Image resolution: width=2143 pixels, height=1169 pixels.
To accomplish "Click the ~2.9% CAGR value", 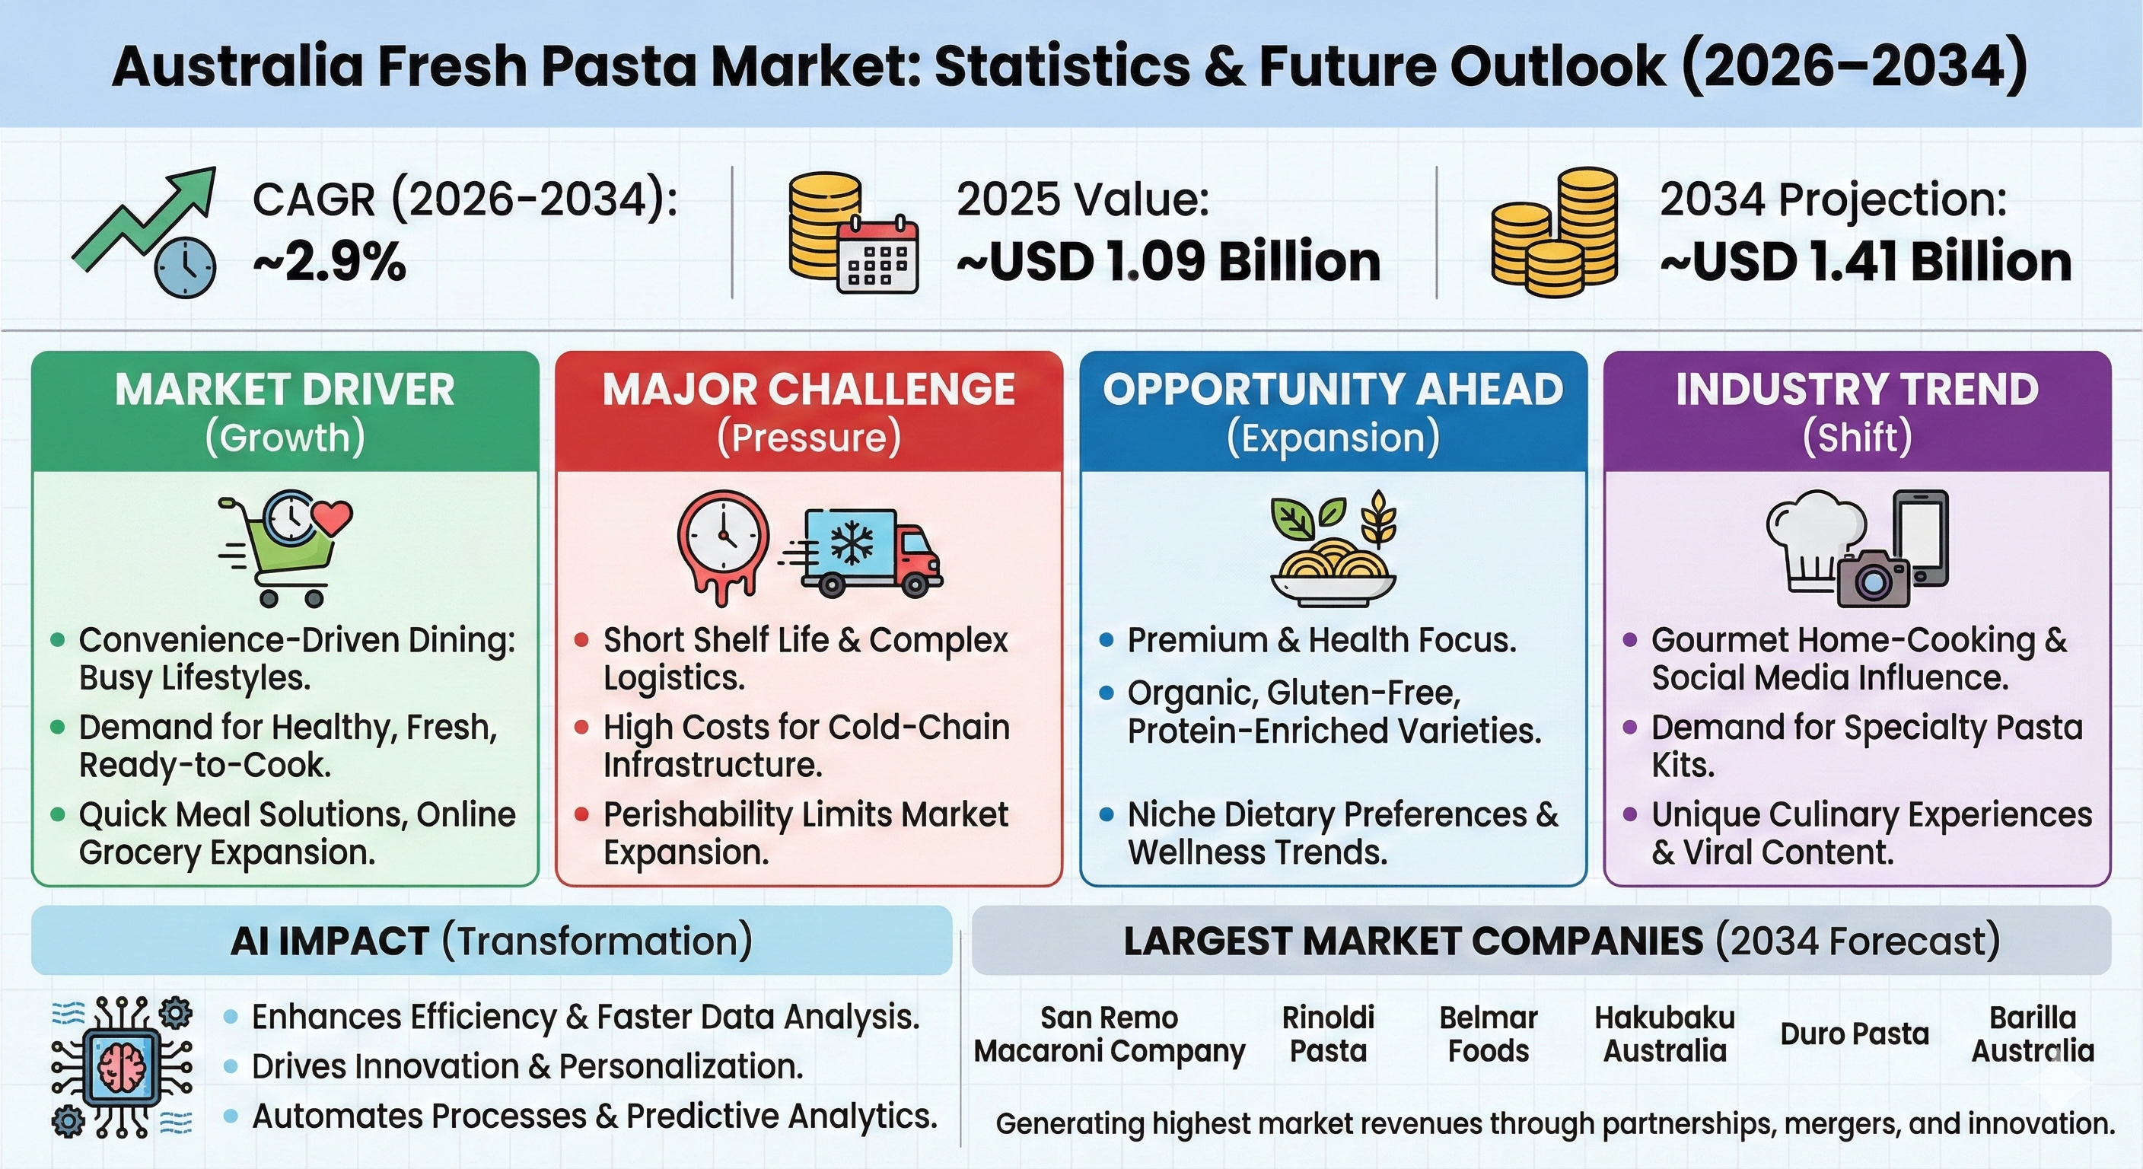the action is point(330,262).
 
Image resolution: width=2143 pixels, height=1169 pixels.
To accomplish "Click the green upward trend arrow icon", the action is point(143,218).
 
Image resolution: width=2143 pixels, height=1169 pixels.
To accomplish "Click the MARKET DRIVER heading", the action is point(285,390).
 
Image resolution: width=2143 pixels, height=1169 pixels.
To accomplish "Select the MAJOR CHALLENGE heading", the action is point(809,390).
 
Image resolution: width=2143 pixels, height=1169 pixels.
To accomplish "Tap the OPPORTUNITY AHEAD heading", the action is point(1333,390).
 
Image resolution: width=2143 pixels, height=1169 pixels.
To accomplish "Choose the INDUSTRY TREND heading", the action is point(1857,390).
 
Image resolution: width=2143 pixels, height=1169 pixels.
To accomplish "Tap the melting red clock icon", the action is point(722,545).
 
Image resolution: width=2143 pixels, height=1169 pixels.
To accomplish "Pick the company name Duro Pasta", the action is point(1855,1034).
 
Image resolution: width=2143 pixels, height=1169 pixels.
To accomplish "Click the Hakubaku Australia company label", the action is point(1664,1034).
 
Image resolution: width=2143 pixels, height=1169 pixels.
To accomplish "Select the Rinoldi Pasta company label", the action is point(1328,1034).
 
